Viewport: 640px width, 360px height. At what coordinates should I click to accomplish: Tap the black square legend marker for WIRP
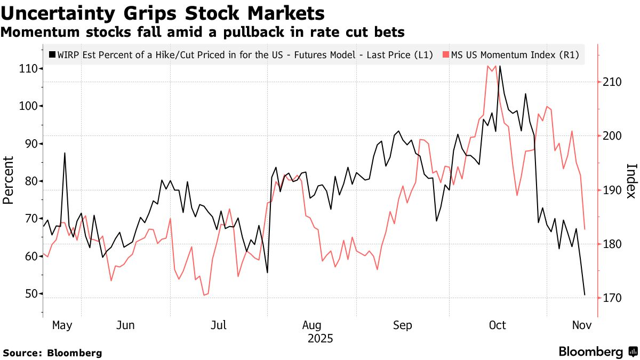coord(52,54)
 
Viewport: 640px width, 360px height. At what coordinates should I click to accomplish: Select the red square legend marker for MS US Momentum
coord(446,54)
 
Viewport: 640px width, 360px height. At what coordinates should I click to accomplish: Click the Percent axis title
coord(8,180)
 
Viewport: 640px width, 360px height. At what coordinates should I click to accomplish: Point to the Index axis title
coord(631,180)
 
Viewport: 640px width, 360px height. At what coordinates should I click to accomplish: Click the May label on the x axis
coord(62,325)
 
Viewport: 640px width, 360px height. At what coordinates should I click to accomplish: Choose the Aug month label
coord(312,325)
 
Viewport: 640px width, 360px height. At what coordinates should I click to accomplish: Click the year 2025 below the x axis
coord(320,338)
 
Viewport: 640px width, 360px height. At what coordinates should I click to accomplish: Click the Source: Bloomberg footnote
coord(52,353)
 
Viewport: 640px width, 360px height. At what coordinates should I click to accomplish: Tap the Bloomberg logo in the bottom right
coord(597,351)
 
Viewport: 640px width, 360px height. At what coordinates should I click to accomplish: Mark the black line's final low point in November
coord(585,295)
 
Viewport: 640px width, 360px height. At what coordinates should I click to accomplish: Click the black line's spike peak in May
coord(65,153)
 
